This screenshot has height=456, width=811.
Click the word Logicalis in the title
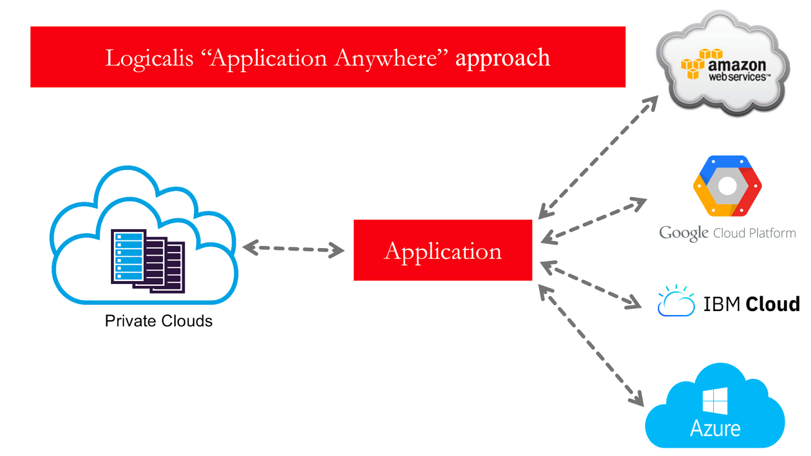coord(149,58)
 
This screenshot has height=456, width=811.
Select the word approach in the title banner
coord(502,58)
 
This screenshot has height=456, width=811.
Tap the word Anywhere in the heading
coord(385,58)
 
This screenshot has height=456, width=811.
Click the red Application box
coord(443,250)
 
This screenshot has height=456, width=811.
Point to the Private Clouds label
coord(158,321)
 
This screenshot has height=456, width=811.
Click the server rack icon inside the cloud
coord(148,261)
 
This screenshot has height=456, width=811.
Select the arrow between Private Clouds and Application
coord(293,249)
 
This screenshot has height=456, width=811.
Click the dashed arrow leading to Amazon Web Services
coord(598,157)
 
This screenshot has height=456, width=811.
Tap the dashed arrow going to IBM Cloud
coord(591,285)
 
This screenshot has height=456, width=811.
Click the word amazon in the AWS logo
coord(736,65)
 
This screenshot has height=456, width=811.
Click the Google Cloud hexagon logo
coord(727,186)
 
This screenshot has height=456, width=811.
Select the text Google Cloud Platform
coord(727,233)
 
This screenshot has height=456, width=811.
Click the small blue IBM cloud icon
coord(676,302)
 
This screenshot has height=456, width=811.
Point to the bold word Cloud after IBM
coord(772,304)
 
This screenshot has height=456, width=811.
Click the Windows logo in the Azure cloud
coord(715,400)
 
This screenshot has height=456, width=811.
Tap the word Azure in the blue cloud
coord(715,429)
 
